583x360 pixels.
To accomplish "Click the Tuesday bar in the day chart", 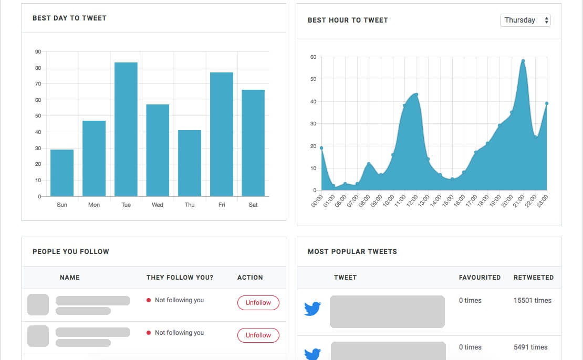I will click(126, 129).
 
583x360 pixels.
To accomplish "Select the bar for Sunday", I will click(62, 173).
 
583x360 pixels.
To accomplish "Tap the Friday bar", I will click(221, 134).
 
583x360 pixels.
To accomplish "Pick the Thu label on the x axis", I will click(190, 205).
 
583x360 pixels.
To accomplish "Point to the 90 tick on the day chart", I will click(38, 51).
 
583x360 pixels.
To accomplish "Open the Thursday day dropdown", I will click(525, 20).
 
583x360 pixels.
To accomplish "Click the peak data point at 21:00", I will click(523, 61).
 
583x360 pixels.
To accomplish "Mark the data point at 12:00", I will click(416, 94).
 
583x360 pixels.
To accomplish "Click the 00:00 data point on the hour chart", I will click(321, 148).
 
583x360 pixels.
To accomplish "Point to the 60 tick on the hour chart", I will click(313, 57).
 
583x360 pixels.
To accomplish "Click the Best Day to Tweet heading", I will click(69, 18).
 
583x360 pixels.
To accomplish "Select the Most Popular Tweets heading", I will click(352, 251).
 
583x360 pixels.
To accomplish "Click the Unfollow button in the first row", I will click(258, 303).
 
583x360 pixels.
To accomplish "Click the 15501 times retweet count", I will click(533, 301).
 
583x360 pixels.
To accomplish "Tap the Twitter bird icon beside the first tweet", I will click(313, 309).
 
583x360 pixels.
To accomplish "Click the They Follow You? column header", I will click(180, 277).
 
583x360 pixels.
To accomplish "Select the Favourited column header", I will click(480, 277).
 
